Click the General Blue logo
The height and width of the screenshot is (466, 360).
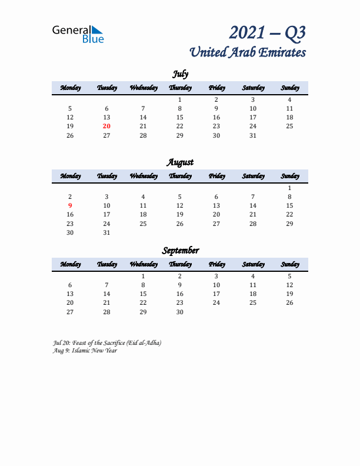[x=78, y=34]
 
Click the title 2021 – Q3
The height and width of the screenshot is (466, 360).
[x=268, y=32]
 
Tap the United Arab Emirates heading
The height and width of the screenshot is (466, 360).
[x=248, y=52]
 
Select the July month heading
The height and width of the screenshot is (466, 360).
[x=180, y=74]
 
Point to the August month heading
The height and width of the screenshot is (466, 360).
[x=180, y=162]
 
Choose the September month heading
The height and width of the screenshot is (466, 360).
[x=180, y=250]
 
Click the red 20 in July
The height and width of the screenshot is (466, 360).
[x=106, y=126]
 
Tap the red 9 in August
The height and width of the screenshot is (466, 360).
[x=70, y=205]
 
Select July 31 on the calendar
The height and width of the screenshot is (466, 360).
[x=253, y=135]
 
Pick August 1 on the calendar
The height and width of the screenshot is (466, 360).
[x=289, y=188]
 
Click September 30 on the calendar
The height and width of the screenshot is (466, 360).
[x=180, y=312]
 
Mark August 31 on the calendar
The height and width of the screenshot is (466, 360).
[x=106, y=232]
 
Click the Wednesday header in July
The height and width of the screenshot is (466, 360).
[x=144, y=88]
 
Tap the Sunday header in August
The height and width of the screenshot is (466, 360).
[x=289, y=176]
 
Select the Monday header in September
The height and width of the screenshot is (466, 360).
[x=70, y=264]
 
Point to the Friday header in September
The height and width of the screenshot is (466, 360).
[x=216, y=264]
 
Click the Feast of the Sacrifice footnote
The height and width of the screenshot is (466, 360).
[x=107, y=342]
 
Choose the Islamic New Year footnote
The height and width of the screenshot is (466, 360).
[x=85, y=351]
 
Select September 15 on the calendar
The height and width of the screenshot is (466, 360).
[x=143, y=294]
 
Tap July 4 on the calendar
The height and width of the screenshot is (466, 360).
[x=289, y=99]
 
